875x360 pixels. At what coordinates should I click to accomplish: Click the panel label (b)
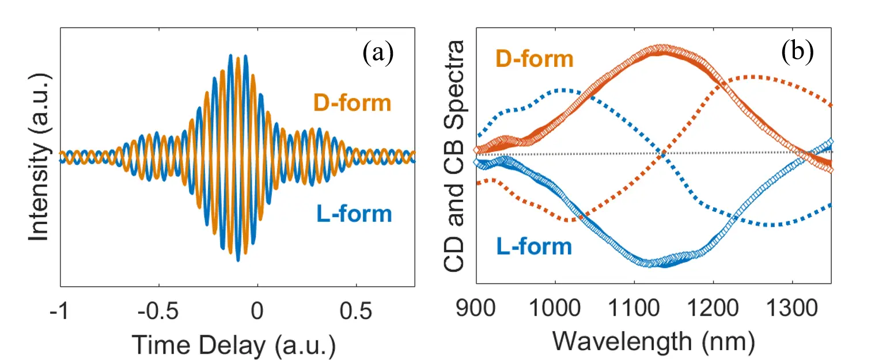pyautogui.click(x=797, y=52)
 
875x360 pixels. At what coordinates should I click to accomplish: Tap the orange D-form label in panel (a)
pyautogui.click(x=352, y=104)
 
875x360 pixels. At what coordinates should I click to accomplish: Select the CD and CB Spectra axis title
pyautogui.click(x=455, y=157)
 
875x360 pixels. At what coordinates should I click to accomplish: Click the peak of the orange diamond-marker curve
pyautogui.click(x=657, y=49)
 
